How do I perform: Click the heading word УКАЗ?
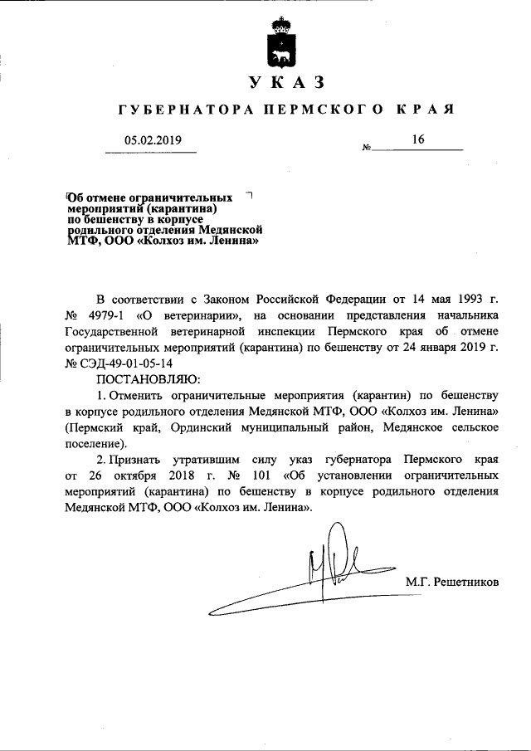click(x=281, y=83)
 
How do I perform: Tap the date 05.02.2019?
click(x=153, y=140)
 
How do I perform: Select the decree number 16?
click(x=417, y=140)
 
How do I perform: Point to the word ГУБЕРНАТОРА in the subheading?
click(x=180, y=110)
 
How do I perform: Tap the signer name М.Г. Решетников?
click(x=453, y=582)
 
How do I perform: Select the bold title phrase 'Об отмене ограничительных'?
click(x=149, y=198)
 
